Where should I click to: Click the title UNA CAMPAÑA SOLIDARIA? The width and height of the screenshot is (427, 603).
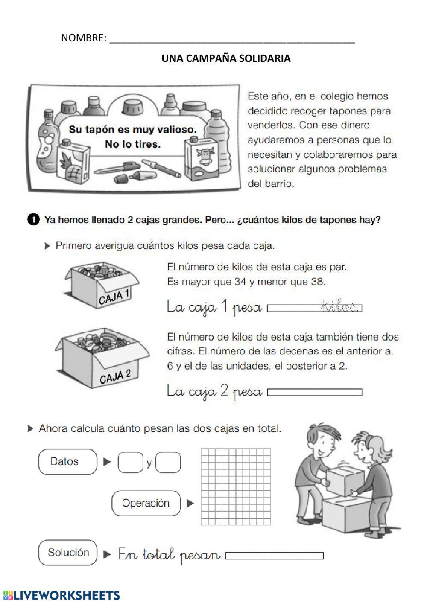226,58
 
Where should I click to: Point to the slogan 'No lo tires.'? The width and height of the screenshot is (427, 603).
133,144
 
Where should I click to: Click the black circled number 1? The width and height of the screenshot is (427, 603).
33,220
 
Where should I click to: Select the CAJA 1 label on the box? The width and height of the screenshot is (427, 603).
114,296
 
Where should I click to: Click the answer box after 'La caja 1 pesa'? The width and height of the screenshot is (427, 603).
314,308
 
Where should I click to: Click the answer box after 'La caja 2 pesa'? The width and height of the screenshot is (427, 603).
314,392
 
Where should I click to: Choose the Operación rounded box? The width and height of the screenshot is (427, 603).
146,503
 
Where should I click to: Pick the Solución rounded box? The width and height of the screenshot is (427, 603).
68,553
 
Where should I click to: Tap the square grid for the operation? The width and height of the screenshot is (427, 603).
235,486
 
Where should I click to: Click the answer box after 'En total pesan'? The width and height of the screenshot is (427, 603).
274,556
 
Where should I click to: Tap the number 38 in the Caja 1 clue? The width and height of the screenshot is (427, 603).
318,282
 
